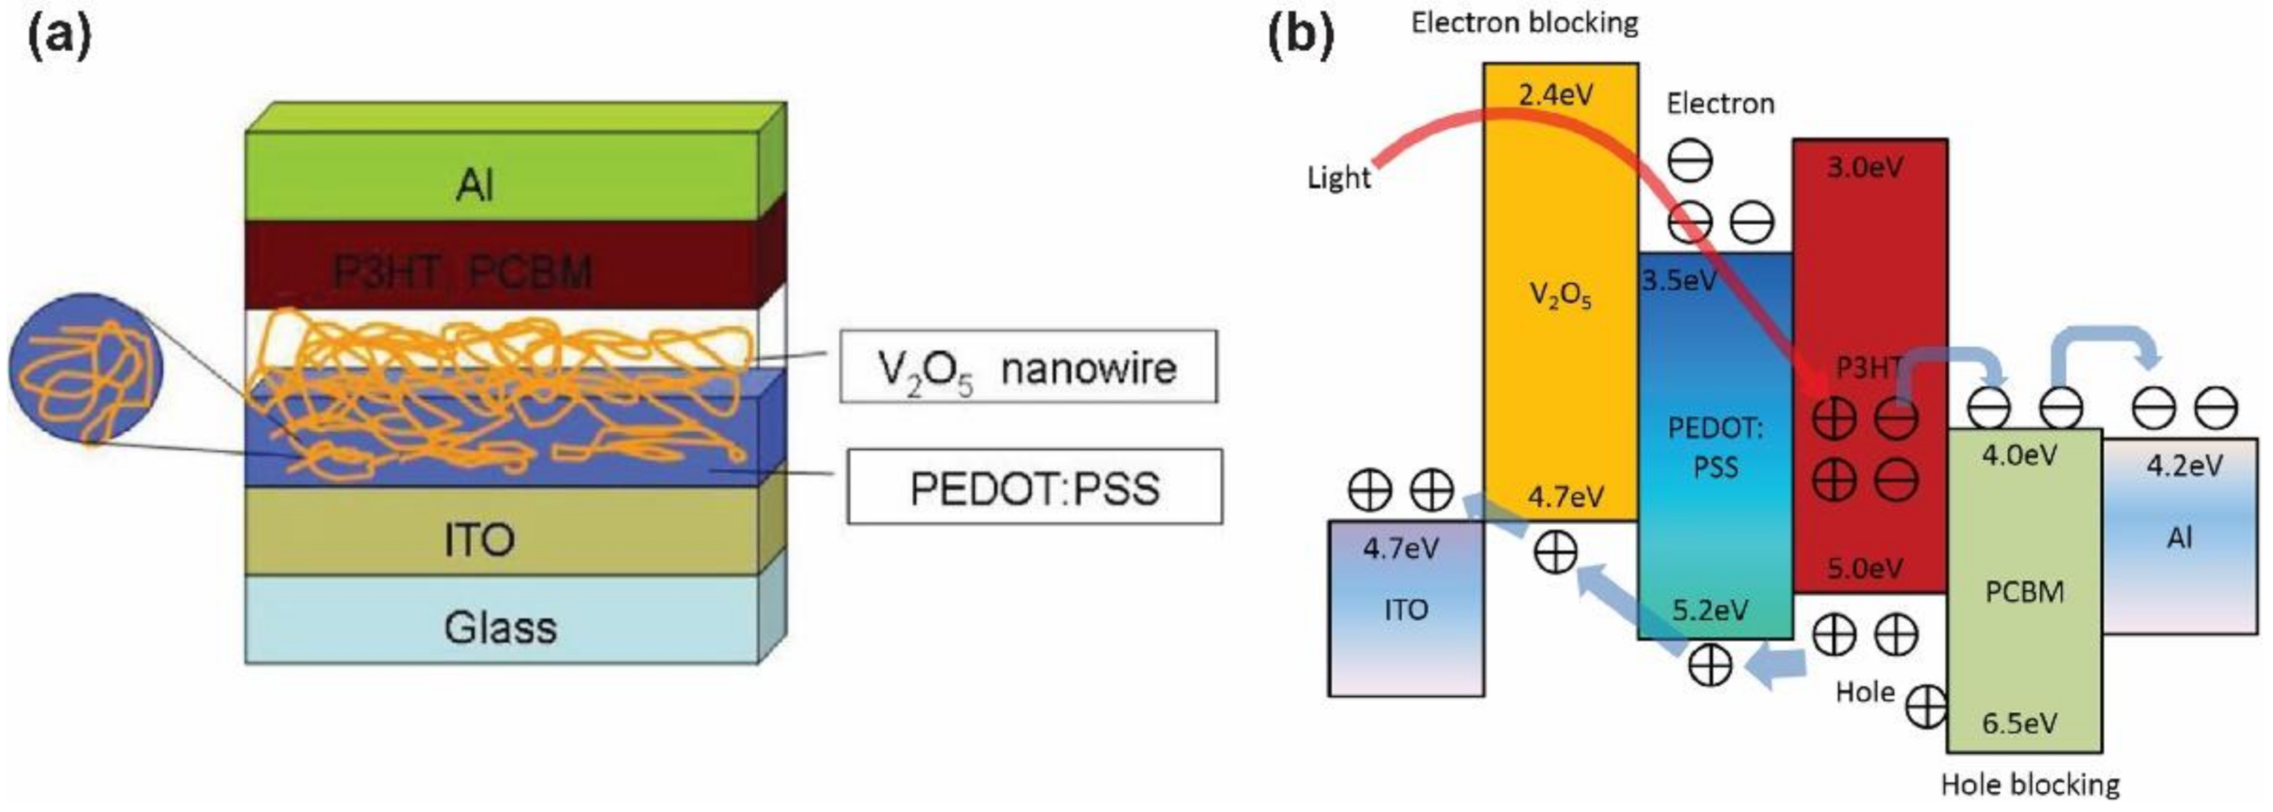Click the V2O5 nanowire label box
[x=1028, y=367]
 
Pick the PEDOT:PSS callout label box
[x=1034, y=487]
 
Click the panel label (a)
[x=60, y=37]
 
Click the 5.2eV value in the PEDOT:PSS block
[x=1710, y=610]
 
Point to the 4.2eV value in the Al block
[x=2184, y=465]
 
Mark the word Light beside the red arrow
[x=1338, y=177]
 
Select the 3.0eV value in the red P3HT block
[x=1864, y=167]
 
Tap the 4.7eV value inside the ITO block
[x=1401, y=549]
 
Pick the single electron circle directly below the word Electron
[x=1690, y=162]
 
